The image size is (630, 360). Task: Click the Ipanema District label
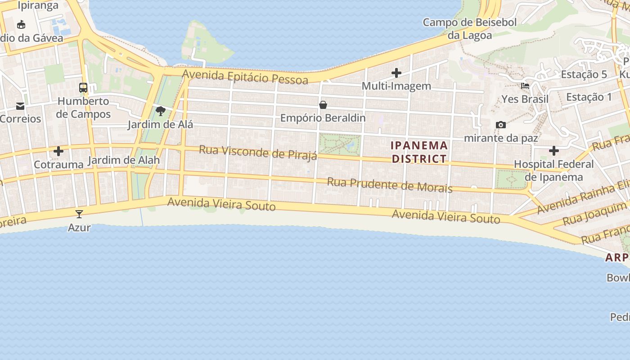tap(419, 152)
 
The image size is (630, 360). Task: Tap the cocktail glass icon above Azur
tap(79, 214)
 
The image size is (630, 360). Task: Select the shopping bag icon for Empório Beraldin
tap(323, 105)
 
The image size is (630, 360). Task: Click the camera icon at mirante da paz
tap(500, 125)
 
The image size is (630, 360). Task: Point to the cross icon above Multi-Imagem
tap(396, 72)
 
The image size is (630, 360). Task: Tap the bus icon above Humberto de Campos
tap(83, 87)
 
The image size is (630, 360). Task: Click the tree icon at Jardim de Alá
tap(160, 111)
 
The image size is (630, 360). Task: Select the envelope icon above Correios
tap(20, 106)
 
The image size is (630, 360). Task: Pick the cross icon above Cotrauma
tap(58, 151)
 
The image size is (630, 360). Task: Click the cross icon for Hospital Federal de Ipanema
tap(554, 151)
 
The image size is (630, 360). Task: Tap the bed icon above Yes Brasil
tap(525, 85)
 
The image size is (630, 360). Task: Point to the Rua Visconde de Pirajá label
tap(258, 152)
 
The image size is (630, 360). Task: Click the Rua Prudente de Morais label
tap(390, 184)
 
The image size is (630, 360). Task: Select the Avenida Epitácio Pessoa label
tap(245, 77)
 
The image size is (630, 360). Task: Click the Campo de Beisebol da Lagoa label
tap(470, 28)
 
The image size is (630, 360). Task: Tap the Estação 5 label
tap(584, 74)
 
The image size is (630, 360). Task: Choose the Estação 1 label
tap(589, 97)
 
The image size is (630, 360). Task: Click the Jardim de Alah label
tap(124, 160)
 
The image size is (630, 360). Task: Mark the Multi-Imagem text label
tap(396, 85)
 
